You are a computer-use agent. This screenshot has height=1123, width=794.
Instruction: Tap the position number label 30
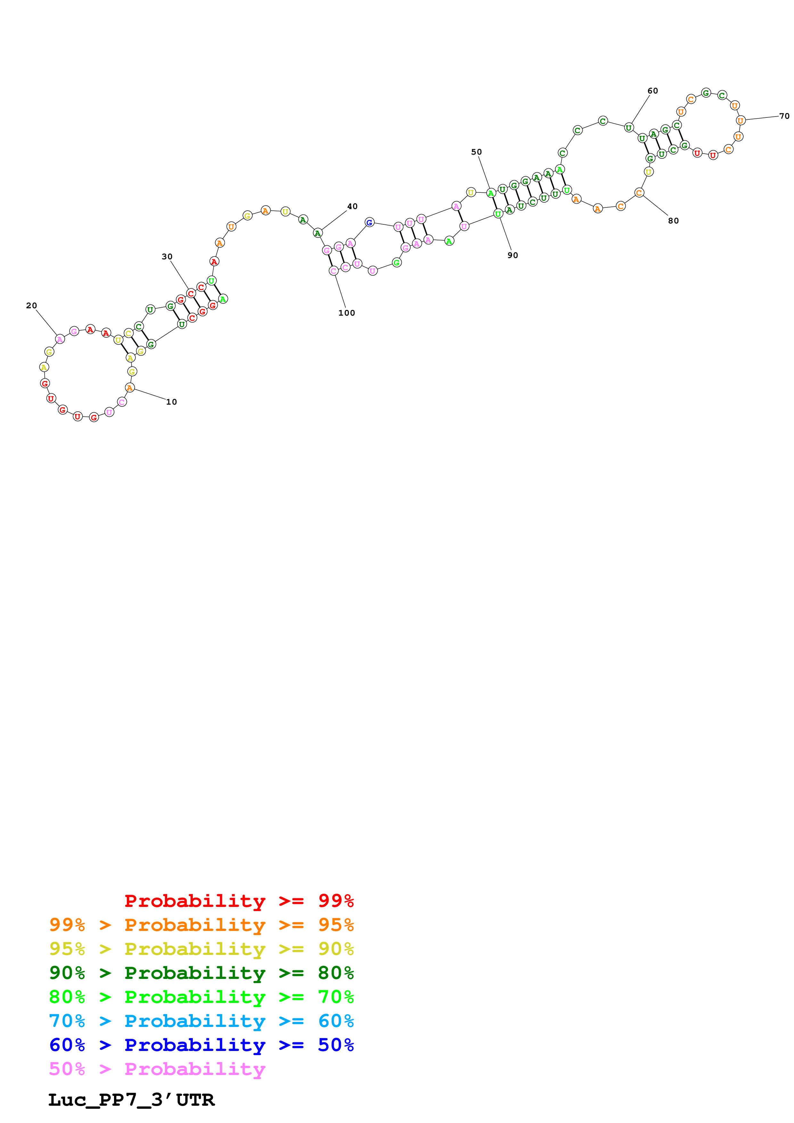coord(167,256)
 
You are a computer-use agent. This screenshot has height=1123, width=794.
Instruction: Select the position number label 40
coord(352,206)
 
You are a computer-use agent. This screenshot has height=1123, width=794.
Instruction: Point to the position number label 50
coord(476,152)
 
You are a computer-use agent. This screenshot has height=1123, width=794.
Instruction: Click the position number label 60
coord(653,91)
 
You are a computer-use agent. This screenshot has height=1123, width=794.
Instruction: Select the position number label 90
coord(512,255)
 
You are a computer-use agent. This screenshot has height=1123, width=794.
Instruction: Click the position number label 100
coord(346,313)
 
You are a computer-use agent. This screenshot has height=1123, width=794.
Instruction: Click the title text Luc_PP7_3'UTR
coord(131,1100)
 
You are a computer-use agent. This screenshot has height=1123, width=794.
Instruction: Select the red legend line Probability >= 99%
coord(239,901)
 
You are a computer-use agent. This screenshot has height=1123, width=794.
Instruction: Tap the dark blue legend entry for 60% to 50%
coord(201,1045)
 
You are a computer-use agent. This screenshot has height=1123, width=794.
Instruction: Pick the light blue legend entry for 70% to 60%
coord(201,1021)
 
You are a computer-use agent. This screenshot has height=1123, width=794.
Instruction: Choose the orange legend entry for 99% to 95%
coord(201,925)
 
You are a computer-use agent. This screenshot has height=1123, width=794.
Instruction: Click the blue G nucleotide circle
coord(369,222)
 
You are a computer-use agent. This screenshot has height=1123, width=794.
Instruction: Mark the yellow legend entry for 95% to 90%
coord(201,949)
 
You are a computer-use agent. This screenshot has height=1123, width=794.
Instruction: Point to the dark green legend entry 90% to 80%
coord(201,973)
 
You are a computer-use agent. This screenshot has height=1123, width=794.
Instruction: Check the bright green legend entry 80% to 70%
coord(201,997)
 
